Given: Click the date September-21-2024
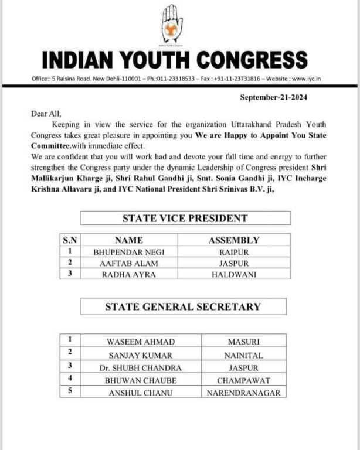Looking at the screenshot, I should [274, 97].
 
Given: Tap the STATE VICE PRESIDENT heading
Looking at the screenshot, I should [185, 219].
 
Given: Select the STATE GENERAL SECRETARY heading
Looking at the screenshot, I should [183, 306].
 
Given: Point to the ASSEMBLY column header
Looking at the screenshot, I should [234, 240].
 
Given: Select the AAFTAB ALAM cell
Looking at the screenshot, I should [128, 263].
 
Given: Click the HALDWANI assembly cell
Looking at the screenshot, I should [234, 274].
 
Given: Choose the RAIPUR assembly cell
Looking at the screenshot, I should [234, 252].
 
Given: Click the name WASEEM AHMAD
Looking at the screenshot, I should [140, 342].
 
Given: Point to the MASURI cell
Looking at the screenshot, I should [243, 342].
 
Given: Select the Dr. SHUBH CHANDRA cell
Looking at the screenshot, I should [140, 368].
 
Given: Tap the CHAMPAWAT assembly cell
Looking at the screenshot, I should [243, 380].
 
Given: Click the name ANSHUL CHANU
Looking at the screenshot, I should [140, 393].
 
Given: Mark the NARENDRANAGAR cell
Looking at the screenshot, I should [243, 393].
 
